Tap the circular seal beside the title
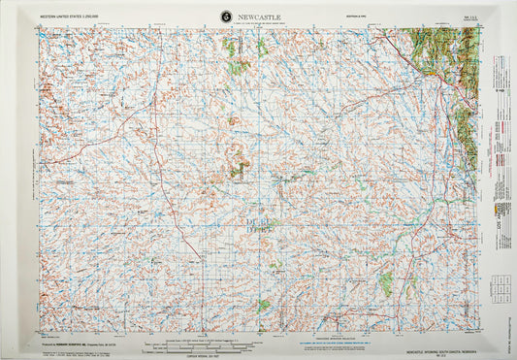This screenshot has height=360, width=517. click(x=227, y=16)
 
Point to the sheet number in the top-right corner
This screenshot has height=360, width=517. click(x=469, y=16)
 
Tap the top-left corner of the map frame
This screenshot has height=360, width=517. click(x=40, y=28)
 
